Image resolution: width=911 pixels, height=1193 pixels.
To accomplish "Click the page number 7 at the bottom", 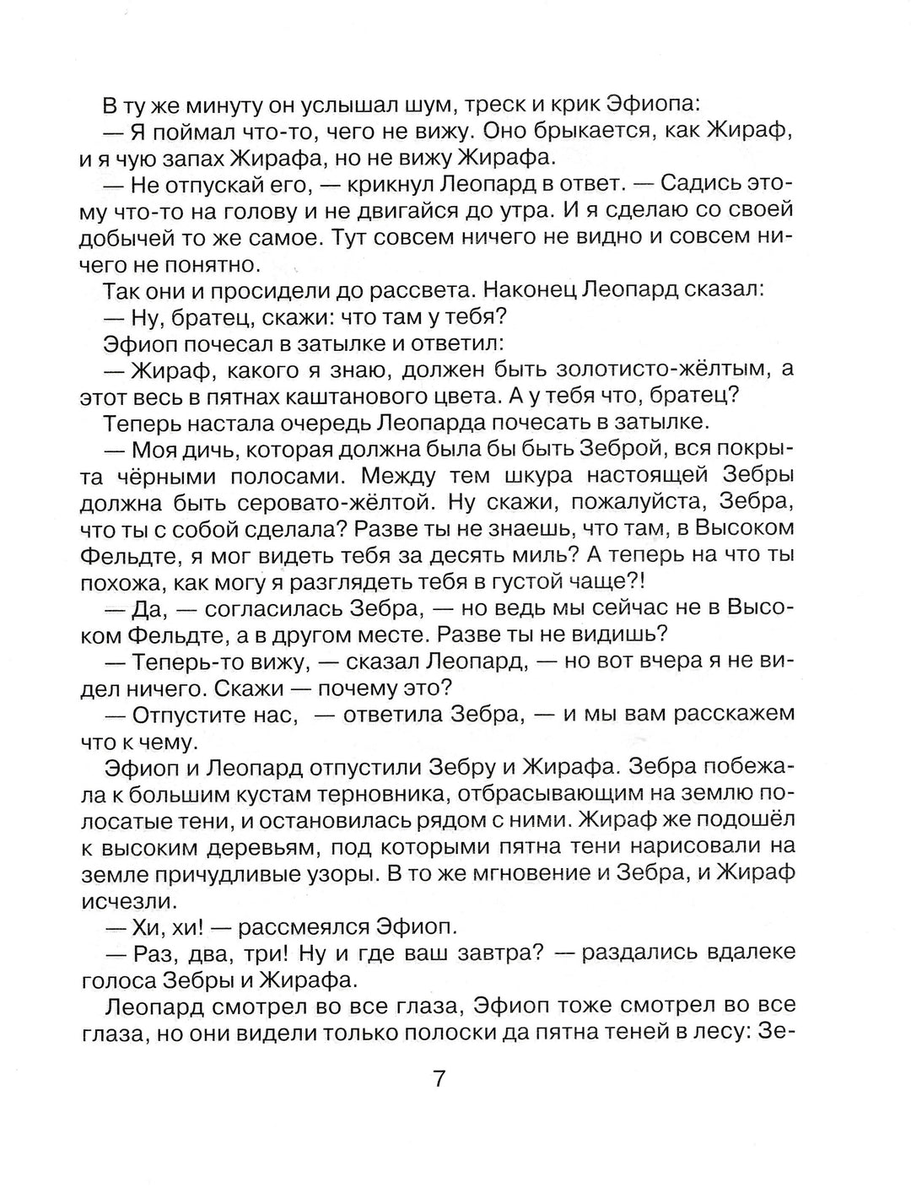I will click(x=438, y=1078).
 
